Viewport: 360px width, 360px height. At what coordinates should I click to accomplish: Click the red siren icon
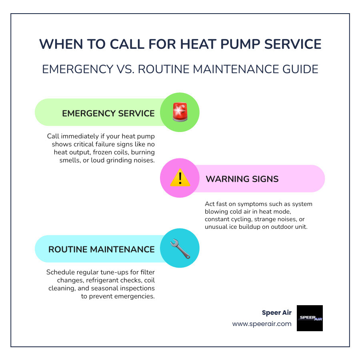coord(180,112)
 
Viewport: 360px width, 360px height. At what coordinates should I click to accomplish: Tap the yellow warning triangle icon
coord(180,178)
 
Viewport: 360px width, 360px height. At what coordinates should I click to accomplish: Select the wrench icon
coord(180,248)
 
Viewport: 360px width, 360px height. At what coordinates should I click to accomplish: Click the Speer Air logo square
coord(310,318)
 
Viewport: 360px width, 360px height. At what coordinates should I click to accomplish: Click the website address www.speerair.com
coord(262,324)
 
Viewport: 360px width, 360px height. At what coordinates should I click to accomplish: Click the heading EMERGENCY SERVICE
coord(108,113)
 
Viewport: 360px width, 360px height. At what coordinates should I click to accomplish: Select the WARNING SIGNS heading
coord(242,179)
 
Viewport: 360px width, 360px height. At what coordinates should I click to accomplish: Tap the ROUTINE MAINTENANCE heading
coord(102,249)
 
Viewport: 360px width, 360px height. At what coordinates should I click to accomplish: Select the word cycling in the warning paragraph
coord(243,219)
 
